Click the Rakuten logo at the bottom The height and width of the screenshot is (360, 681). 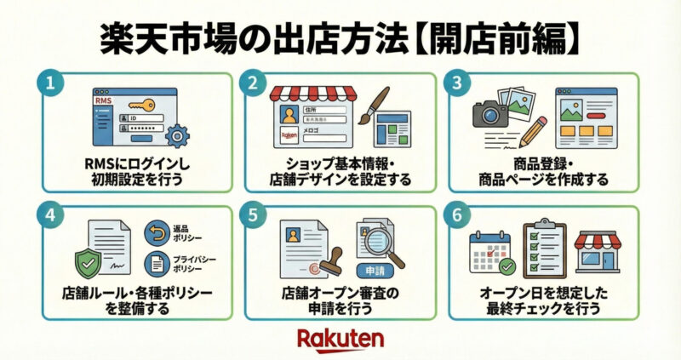pos(340,339)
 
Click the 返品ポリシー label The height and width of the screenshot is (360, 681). pos(189,232)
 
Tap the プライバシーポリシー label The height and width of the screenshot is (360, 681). pos(194,263)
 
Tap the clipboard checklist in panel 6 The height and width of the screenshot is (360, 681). pos(541,247)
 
